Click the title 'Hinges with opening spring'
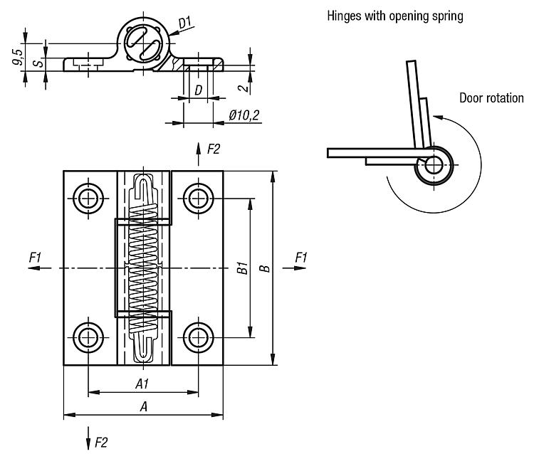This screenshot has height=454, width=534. pos(394,16)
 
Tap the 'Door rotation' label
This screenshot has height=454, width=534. pos(491,98)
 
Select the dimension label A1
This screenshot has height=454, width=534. pos(142,384)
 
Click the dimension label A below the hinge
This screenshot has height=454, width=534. pos(143,407)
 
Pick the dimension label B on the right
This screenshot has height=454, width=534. pos(264,268)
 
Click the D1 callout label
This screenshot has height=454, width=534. pos(185,23)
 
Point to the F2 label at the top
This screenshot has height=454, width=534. pos(213,149)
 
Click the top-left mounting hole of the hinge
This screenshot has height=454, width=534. pos(88,199)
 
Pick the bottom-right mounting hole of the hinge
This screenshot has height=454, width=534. pos(197,337)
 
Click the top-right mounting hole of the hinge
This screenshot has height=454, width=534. pos(197,199)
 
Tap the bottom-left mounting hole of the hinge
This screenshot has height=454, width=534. pos(88,337)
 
